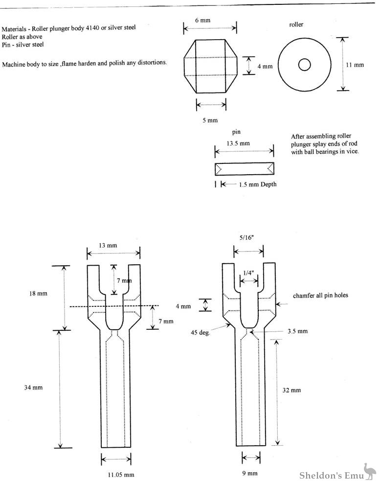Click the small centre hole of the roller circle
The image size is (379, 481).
305,64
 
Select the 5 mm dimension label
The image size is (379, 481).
211,120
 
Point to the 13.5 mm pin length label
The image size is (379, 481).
238,143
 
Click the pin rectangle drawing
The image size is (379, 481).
244,169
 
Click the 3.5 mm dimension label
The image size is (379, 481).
299,331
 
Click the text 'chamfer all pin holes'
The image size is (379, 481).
320,296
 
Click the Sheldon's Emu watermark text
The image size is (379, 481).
334,473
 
